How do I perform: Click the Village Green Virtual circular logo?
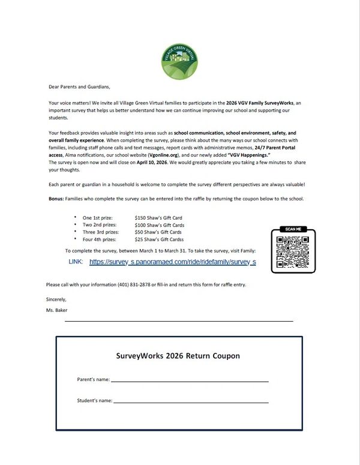(x=180, y=62)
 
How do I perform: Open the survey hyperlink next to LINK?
(x=173, y=262)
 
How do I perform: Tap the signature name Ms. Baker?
(x=57, y=310)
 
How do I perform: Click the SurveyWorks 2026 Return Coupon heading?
(x=178, y=356)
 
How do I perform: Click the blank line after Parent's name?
(x=190, y=380)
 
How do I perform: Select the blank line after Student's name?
(x=191, y=401)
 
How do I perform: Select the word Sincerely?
(x=56, y=299)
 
